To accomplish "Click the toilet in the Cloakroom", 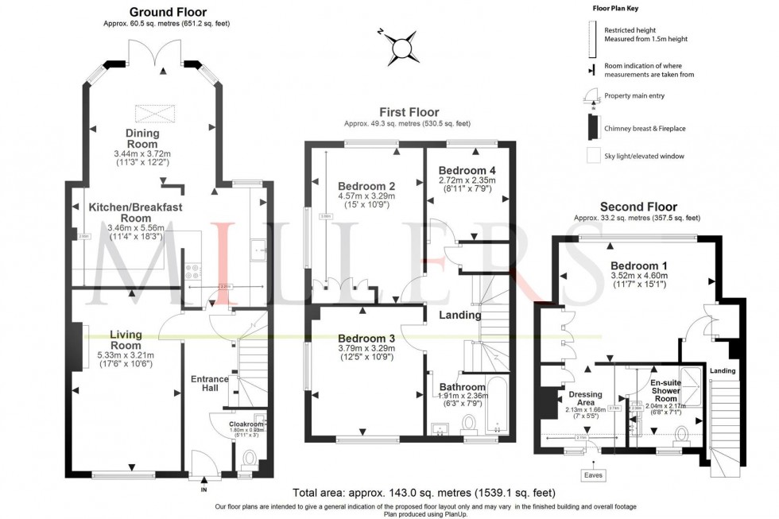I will pyautogui.click(x=248, y=459).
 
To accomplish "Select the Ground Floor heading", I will pyautogui.click(x=167, y=12).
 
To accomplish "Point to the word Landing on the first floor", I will pyautogui.click(x=460, y=315).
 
